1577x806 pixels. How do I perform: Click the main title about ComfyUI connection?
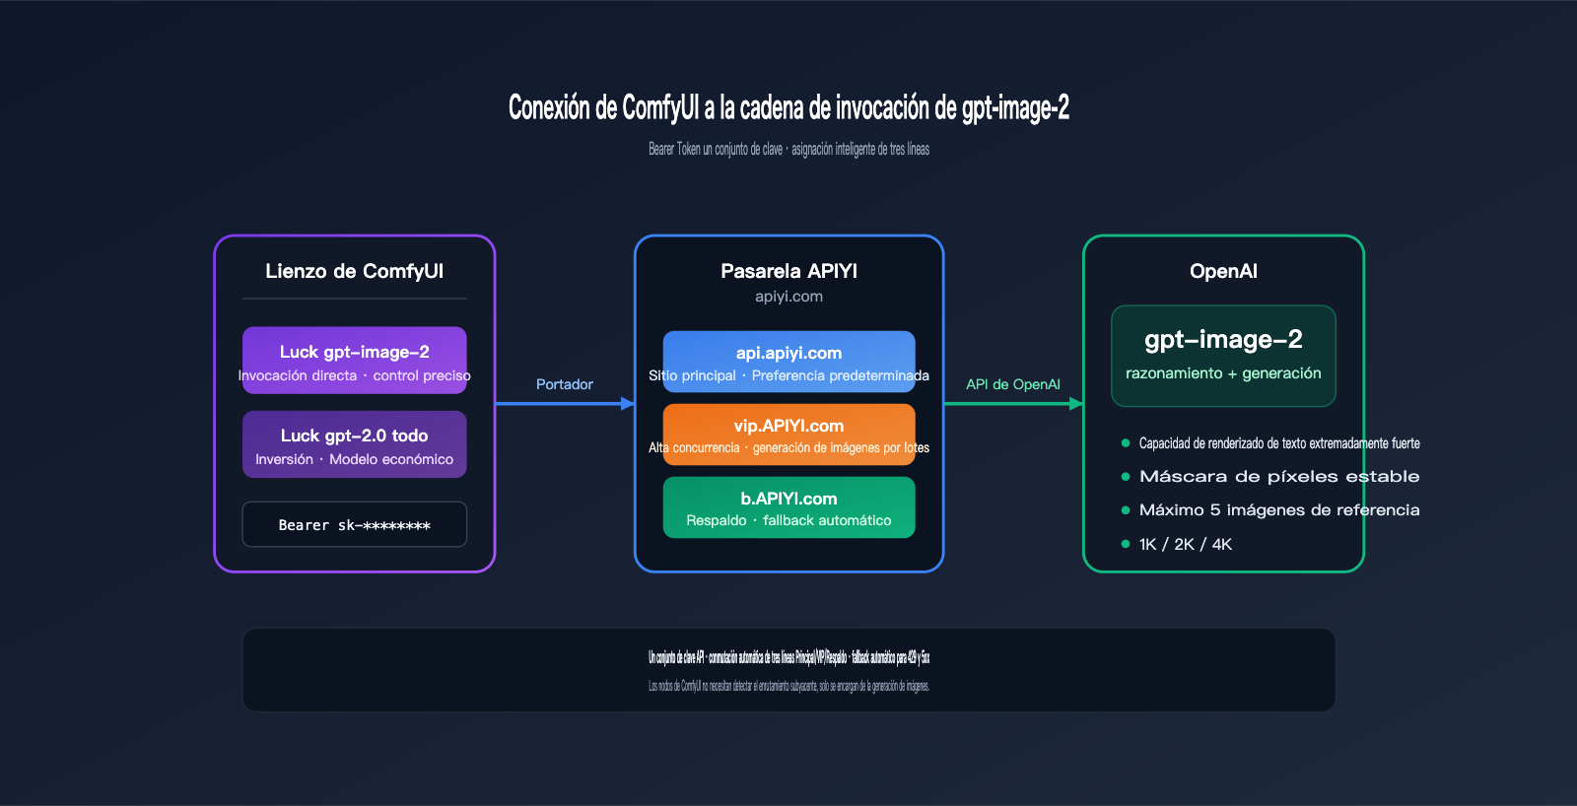[788, 107]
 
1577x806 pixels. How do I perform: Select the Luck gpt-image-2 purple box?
[354, 361]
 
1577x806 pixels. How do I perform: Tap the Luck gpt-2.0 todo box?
[354, 444]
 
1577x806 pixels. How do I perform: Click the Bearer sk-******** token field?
[354, 524]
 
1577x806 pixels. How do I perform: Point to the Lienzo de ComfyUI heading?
[354, 271]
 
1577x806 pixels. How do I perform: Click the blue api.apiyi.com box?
[788, 362]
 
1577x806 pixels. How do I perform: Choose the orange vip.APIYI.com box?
[788, 435]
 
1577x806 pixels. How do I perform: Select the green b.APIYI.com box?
[788, 507]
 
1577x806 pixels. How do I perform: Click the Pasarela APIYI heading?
[788, 271]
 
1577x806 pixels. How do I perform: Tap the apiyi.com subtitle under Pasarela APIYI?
[788, 297]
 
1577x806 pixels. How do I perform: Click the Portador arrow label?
[565, 384]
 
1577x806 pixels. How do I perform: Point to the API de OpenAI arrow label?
[1013, 384]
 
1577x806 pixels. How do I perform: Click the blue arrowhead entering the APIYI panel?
[628, 403]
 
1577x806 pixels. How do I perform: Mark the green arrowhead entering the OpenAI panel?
[1076, 403]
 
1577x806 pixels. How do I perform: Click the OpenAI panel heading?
[1223, 271]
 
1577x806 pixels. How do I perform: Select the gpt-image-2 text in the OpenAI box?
[1223, 340]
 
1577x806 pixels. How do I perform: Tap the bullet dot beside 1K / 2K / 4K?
[1126, 544]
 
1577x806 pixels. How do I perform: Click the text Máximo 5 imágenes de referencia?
[1279, 509]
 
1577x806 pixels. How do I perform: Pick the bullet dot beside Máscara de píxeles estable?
[1126, 477]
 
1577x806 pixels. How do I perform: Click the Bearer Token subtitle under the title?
[788, 150]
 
